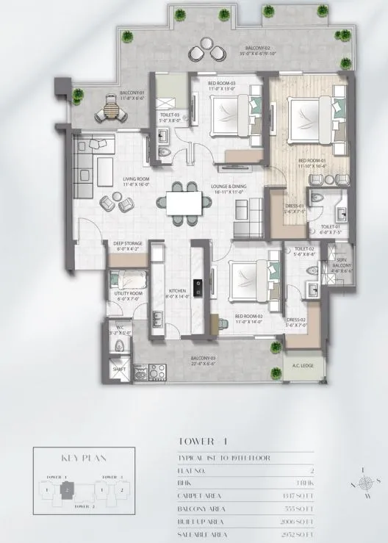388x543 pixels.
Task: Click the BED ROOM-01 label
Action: [x=312, y=162]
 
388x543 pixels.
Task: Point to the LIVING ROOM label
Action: [x=135, y=181]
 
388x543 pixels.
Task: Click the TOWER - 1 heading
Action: [x=198, y=442]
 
